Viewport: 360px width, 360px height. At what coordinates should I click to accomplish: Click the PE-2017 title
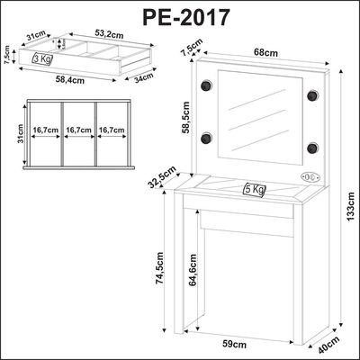[186, 17]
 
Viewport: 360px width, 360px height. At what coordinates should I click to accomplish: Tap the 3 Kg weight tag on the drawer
[42, 58]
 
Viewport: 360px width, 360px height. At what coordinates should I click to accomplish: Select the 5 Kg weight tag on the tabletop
[254, 190]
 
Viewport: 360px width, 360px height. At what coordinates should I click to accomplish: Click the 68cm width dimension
[265, 52]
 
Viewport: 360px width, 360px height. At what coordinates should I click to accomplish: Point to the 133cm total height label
[351, 206]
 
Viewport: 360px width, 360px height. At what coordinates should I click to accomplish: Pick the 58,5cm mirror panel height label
[185, 117]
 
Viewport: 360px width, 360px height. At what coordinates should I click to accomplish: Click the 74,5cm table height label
[159, 268]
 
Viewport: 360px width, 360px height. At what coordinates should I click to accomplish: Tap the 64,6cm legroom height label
[193, 270]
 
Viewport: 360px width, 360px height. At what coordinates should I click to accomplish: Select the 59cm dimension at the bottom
[235, 345]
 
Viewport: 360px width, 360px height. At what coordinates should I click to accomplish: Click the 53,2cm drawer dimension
[109, 34]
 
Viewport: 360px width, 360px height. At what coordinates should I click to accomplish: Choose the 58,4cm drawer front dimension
[70, 80]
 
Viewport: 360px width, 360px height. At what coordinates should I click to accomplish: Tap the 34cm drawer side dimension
[143, 78]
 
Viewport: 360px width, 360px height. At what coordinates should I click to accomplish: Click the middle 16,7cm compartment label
[79, 130]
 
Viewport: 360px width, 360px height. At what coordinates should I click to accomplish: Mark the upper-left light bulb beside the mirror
[207, 85]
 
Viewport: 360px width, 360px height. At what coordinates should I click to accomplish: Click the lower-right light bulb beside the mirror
[312, 148]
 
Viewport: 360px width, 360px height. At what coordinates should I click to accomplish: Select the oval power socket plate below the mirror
[310, 177]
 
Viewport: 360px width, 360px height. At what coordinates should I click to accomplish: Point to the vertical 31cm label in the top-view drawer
[20, 134]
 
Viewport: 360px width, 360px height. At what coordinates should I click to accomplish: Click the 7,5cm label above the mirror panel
[193, 46]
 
